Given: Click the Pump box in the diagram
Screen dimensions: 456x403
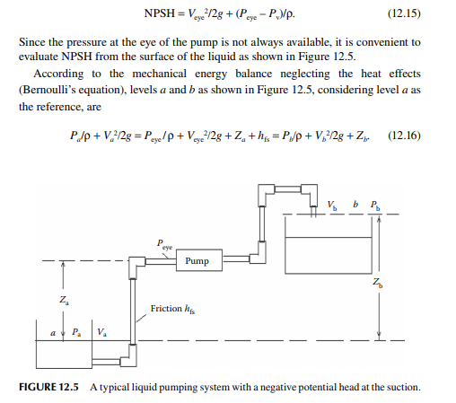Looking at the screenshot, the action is pyautogui.click(x=199, y=260).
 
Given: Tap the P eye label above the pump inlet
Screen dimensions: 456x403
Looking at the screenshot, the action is pyautogui.click(x=164, y=244).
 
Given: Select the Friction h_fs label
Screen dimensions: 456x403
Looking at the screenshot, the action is pyautogui.click(x=172, y=309).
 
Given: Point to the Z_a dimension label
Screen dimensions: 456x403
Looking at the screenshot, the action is pyautogui.click(x=64, y=300).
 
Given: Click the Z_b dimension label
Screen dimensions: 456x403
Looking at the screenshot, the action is pyautogui.click(x=378, y=282).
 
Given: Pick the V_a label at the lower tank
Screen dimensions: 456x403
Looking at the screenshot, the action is pyautogui.click(x=102, y=332).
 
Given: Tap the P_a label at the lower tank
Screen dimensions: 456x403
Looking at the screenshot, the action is pyautogui.click(x=76, y=332).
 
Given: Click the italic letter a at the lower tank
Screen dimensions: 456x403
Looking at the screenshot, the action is pyautogui.click(x=53, y=333).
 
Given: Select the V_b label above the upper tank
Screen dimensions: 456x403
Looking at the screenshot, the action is pyautogui.click(x=332, y=205).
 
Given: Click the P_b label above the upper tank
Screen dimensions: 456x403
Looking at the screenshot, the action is pyautogui.click(x=375, y=206).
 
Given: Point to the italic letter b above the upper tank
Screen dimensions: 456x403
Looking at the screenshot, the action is pyautogui.click(x=355, y=205).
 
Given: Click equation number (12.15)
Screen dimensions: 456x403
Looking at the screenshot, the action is pyautogui.click(x=404, y=13).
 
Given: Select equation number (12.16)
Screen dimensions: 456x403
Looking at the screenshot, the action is pyautogui.click(x=404, y=136).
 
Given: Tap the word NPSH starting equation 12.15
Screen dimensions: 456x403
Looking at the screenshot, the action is pyautogui.click(x=159, y=13).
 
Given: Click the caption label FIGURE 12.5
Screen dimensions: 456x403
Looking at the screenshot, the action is pyautogui.click(x=48, y=387).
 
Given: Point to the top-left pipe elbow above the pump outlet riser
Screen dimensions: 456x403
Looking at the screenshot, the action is pyautogui.click(x=266, y=194).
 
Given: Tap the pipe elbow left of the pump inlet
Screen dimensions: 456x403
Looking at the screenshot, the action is pyautogui.click(x=136, y=267).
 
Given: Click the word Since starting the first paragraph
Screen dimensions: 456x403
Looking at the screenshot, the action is pyautogui.click(x=32, y=42).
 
